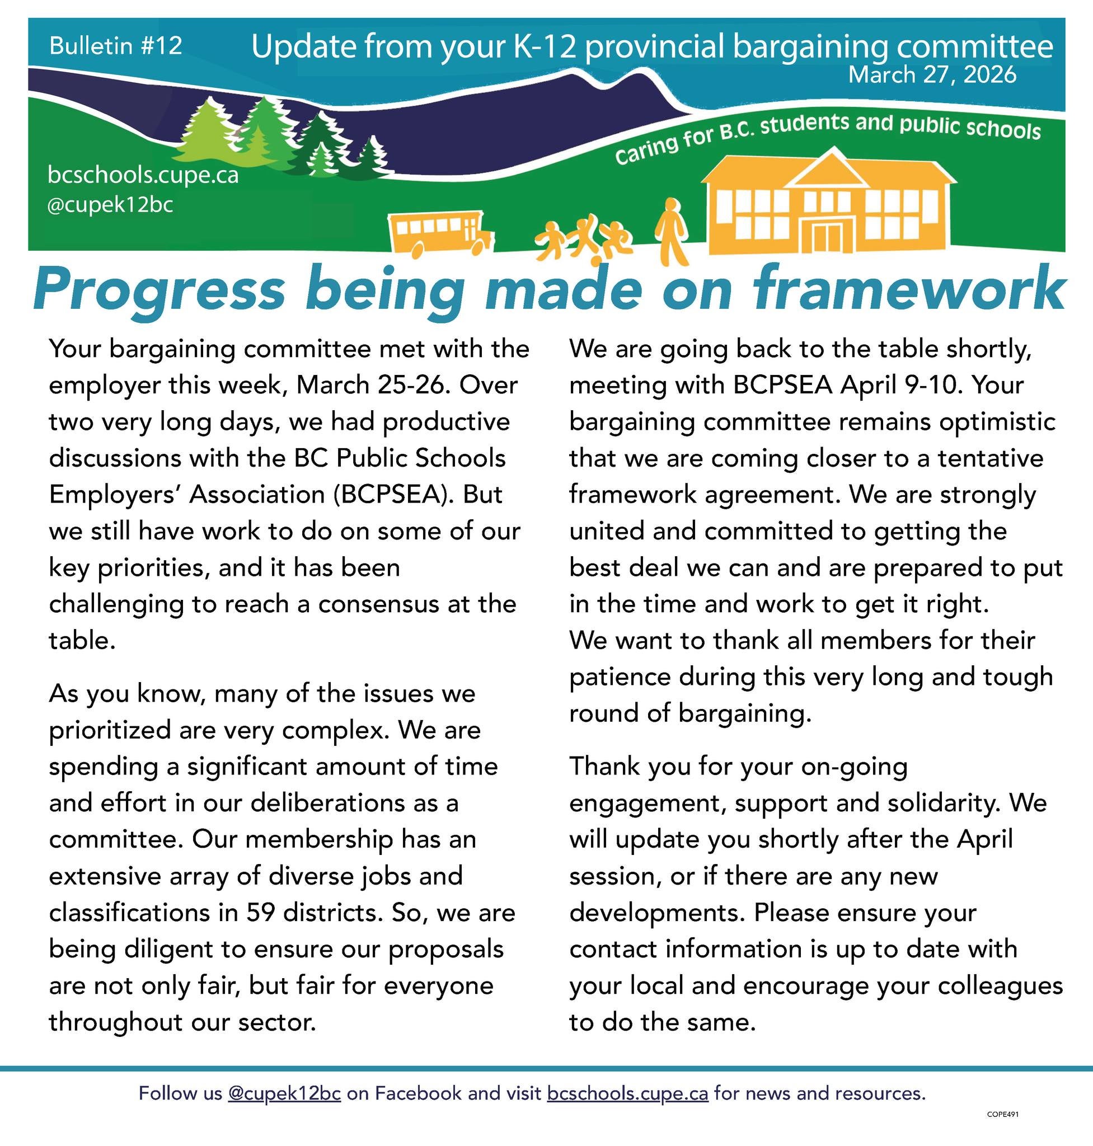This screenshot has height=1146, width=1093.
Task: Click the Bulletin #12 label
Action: tap(115, 45)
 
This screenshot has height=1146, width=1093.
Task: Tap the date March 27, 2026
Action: tap(932, 75)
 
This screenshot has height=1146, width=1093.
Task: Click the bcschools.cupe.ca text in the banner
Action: tap(143, 175)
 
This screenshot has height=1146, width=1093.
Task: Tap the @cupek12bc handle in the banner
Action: tap(110, 205)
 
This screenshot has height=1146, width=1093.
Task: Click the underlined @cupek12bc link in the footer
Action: tap(284, 1093)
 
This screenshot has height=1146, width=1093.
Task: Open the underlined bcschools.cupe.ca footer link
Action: tap(627, 1093)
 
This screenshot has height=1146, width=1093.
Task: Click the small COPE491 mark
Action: tap(1003, 1115)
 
